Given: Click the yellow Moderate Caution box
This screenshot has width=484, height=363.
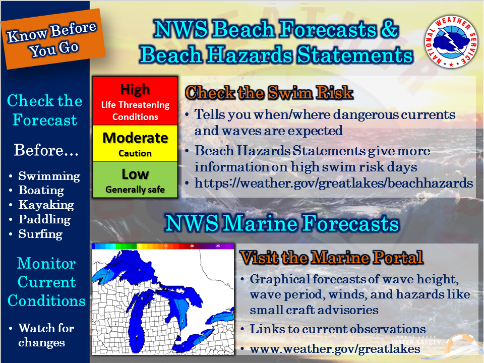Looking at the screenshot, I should click(x=135, y=143).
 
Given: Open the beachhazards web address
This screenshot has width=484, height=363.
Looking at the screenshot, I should click(x=334, y=184).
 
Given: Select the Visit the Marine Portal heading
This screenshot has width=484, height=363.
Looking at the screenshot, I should click(x=331, y=258).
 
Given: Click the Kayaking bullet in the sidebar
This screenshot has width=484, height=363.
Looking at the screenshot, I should click(x=46, y=205).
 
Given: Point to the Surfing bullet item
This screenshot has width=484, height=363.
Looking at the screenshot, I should click(x=40, y=234).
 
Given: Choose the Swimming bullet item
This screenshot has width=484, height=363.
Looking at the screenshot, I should click(x=49, y=176).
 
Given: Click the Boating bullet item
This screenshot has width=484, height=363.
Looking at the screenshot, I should click(x=41, y=191).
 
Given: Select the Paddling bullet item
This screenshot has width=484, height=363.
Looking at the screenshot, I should click(x=44, y=220).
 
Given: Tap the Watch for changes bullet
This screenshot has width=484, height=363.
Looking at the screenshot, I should click(x=46, y=335).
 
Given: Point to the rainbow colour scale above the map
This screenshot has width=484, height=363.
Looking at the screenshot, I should click(x=163, y=246).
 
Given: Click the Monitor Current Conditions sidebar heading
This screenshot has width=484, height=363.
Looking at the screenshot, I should click(x=46, y=282).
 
